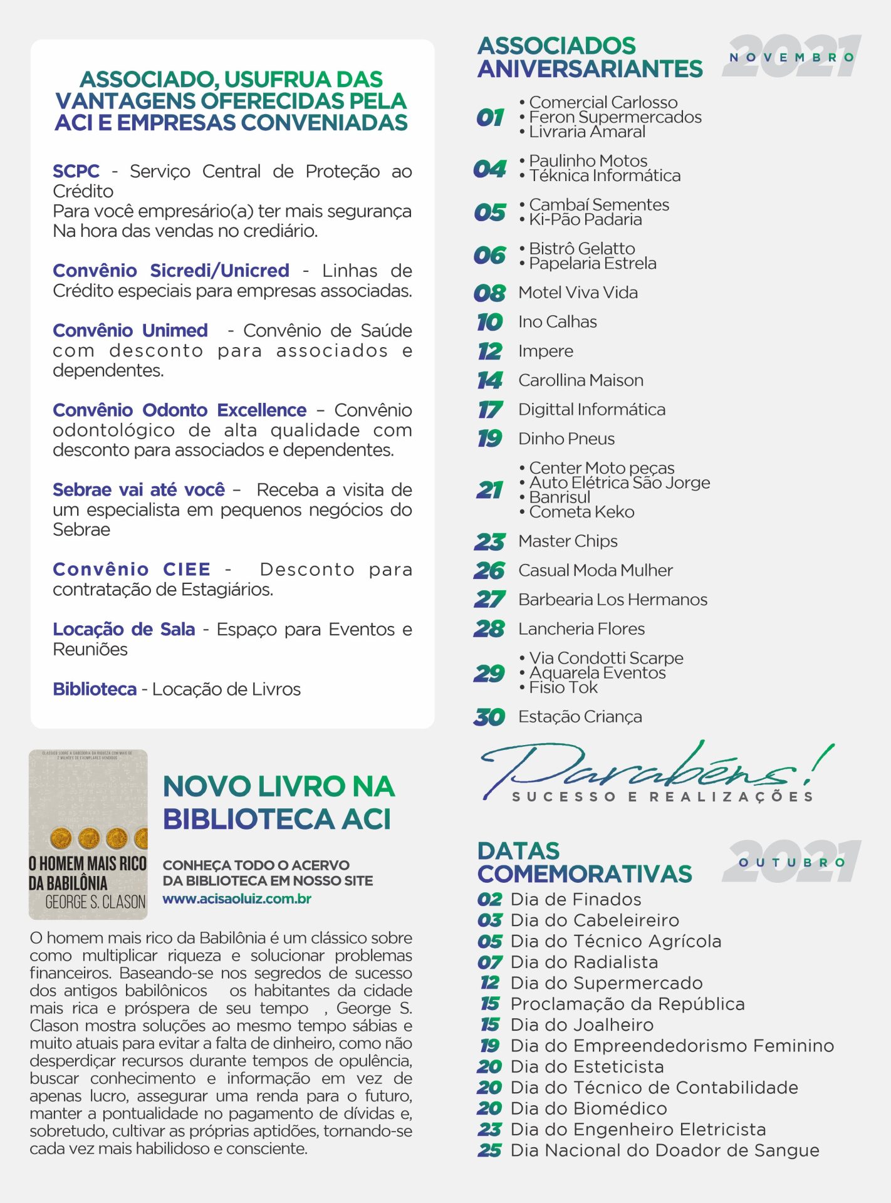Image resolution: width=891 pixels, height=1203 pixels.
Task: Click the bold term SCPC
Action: click(76, 171)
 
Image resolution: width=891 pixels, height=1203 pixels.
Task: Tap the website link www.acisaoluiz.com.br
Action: click(237, 898)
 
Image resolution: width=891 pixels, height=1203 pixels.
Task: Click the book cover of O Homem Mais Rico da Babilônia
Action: click(88, 834)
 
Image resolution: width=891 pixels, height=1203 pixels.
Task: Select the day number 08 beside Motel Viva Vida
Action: click(489, 293)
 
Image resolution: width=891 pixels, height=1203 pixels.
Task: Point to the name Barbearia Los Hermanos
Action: click(612, 600)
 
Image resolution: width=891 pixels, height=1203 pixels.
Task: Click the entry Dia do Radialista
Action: click(584, 962)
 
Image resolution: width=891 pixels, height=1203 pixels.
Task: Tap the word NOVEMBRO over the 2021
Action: click(791, 57)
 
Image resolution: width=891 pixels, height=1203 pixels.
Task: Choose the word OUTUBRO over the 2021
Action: click(791, 862)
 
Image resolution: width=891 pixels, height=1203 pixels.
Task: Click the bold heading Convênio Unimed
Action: click(130, 330)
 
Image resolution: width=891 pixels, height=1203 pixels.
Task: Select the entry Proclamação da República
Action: click(627, 1004)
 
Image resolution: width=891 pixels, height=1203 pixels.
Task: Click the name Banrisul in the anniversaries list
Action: click(560, 497)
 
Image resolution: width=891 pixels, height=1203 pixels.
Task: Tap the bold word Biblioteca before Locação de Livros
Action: click(95, 689)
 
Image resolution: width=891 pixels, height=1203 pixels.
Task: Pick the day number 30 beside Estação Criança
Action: click(489, 717)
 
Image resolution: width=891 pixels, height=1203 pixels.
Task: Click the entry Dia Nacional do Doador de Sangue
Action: click(664, 1150)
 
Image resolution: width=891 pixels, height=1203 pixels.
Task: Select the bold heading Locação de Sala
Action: click(123, 629)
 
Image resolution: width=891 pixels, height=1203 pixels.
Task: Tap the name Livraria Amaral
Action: click(586, 132)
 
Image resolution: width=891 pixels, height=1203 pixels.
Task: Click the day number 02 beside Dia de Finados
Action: click(489, 900)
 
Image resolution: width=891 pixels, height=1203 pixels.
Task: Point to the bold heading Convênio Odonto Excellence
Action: click(179, 410)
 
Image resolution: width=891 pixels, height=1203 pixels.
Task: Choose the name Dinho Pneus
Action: click(566, 439)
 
